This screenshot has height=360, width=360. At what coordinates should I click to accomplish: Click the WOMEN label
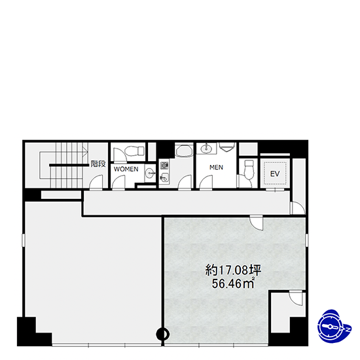[126, 169]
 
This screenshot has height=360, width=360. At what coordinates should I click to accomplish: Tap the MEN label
[216, 168]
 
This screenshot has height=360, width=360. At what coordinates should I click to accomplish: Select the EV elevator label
[275, 174]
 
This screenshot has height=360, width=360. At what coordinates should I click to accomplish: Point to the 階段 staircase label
[98, 164]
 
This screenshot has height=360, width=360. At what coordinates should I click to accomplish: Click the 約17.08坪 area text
[233, 270]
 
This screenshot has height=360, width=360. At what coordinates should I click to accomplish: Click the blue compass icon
[334, 326]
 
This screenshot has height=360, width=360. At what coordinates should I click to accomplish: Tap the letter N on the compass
[348, 329]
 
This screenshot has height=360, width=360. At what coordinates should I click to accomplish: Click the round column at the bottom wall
[163, 334]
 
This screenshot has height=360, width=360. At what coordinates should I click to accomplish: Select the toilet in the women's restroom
[134, 151]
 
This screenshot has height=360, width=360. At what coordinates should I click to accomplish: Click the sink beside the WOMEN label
[150, 173]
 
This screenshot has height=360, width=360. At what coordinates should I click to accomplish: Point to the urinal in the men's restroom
[227, 146]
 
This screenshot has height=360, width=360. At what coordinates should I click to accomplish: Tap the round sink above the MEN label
[206, 149]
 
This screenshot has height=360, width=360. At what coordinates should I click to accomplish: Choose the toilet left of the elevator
[249, 170]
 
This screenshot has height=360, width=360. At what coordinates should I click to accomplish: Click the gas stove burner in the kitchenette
[164, 165]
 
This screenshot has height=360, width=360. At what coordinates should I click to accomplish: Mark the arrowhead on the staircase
[86, 152]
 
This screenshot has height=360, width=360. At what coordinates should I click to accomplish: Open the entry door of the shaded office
[257, 223]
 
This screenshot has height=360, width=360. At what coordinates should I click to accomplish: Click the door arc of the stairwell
[96, 183]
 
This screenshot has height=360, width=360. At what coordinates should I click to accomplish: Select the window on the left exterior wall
[24, 240]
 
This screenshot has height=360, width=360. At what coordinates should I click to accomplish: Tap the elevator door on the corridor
[275, 190]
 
